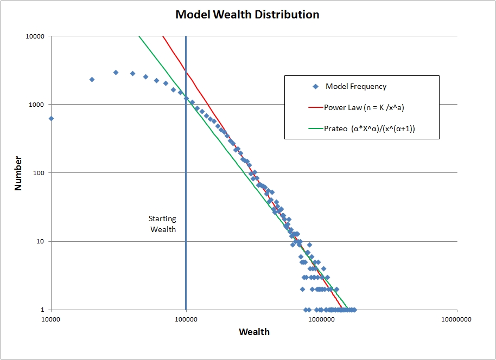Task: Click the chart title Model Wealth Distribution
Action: [247, 15]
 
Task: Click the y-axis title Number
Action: [18, 173]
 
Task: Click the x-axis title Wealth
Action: [254, 331]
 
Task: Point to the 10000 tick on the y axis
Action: [36, 36]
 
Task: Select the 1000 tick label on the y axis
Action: [37, 105]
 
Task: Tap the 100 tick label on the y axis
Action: [39, 173]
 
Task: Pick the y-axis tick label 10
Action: [41, 241]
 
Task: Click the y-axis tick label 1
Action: [43, 310]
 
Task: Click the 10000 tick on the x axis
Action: [51, 320]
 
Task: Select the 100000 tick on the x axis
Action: [186, 320]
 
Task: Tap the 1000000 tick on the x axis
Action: [321, 320]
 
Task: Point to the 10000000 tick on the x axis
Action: [456, 320]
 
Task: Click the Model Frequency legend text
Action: [356, 86]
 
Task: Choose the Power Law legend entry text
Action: [364, 107]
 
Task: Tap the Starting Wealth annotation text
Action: [163, 224]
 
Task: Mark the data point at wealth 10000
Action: [51, 118]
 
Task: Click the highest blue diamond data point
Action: [116, 72]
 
